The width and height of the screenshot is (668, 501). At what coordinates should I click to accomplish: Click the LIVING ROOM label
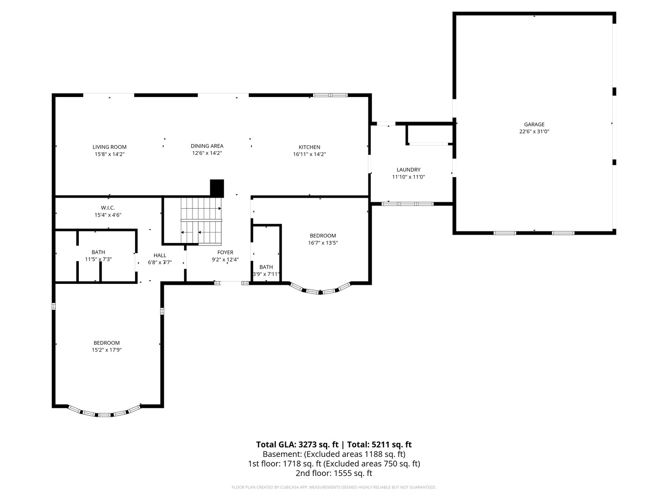coord(109,147)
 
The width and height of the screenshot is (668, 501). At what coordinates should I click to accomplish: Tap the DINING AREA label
coord(207,146)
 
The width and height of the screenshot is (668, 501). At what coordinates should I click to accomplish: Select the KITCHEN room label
coord(309,147)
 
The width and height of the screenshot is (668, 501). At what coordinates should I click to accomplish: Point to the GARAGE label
coord(534,124)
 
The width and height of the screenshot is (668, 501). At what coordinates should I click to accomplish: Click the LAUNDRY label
coord(408,170)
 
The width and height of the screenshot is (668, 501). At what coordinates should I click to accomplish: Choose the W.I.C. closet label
coord(108,208)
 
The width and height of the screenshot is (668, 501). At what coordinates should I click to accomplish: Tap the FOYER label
coord(225,252)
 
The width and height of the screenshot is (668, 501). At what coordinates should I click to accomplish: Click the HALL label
coord(160,255)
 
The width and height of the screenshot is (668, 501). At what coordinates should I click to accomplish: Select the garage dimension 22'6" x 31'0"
coord(534,131)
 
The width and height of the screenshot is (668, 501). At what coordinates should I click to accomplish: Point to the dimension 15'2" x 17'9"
coord(107,350)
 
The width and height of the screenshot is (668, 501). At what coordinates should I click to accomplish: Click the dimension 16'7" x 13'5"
coord(323,243)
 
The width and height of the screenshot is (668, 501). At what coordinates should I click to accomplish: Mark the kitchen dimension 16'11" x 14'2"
coord(309,154)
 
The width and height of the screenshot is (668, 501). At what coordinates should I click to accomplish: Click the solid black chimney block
coord(217,189)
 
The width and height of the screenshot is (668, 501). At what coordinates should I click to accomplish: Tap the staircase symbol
coord(201,221)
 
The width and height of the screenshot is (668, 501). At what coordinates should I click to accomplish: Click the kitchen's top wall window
coord(330,95)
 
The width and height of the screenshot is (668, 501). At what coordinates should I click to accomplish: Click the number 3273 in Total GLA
coord(309,444)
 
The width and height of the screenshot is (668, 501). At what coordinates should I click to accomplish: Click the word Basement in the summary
coord(282,454)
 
